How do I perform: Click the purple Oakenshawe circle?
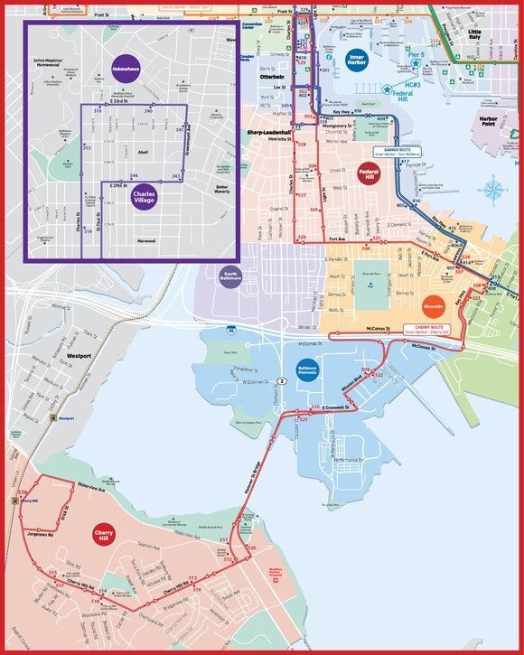[124, 69]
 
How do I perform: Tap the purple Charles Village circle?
[144, 196]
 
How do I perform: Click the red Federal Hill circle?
[370, 172]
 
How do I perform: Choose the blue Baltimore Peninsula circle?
[306, 370]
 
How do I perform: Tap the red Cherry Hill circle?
[103, 535]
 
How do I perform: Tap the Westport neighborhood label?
[80, 357]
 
